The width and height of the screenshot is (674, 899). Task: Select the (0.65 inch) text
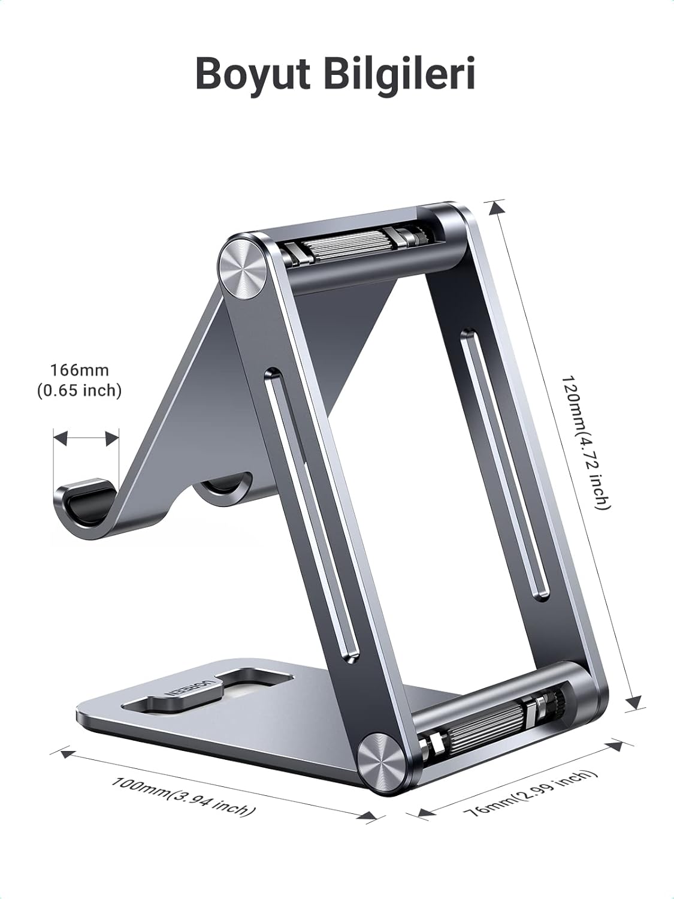pos(79,391)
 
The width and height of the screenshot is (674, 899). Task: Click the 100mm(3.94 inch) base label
pos(183,797)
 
